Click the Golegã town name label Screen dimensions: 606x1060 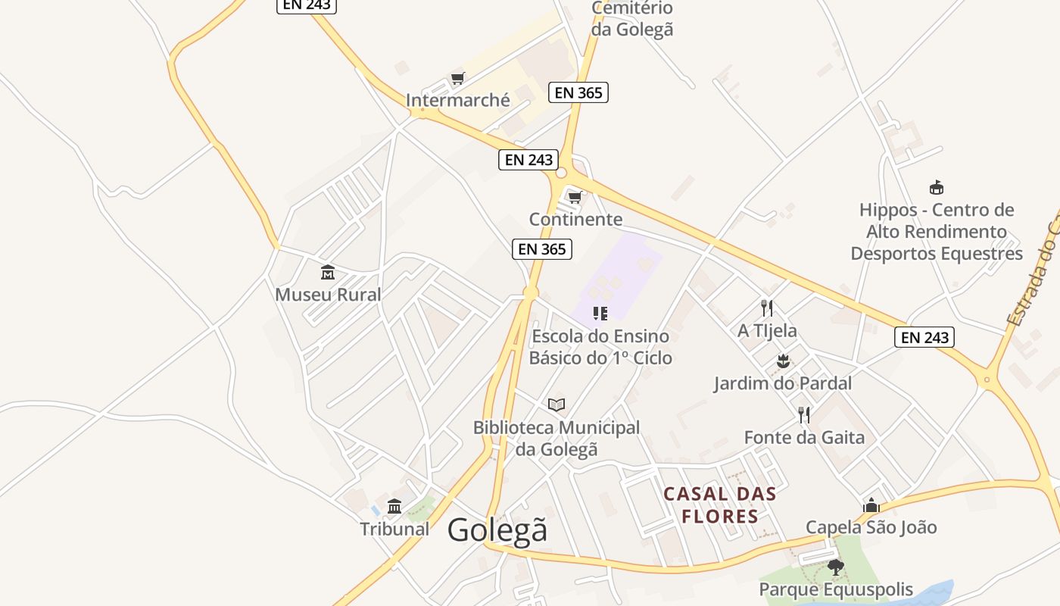coord(497,529)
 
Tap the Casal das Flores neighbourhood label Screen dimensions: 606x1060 coord(719,505)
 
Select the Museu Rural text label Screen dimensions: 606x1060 coord(328,295)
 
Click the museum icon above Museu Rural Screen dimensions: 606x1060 coord(328,272)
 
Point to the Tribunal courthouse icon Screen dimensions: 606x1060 coord(394,506)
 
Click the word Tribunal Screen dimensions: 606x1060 coord(394,529)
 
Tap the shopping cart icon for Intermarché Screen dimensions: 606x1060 coord(457,78)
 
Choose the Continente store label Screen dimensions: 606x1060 coord(575,220)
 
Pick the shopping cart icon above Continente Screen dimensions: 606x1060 coord(575,198)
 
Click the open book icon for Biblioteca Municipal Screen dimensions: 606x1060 coord(556,405)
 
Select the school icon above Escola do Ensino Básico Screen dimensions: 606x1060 coord(600,313)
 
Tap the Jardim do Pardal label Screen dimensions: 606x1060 coord(783,383)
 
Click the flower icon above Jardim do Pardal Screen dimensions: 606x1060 coord(783,361)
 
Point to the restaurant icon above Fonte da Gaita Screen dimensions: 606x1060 coord(804,415)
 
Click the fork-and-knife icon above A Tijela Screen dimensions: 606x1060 coord(767,308)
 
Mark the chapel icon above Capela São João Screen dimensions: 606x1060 coord(871,505)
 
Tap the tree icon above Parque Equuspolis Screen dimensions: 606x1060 coord(836,567)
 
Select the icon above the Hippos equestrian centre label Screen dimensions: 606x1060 coord(937,187)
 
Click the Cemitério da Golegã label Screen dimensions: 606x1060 coord(632,19)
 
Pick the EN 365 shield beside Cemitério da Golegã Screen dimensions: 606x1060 coord(578,92)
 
